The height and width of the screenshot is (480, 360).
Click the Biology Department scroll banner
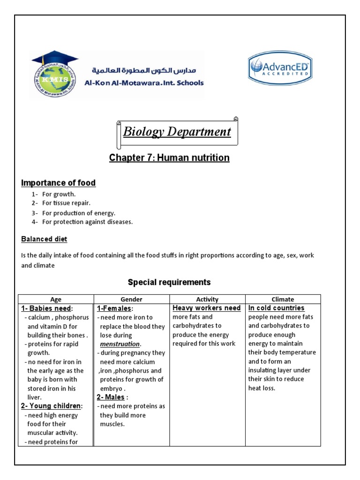[177, 132]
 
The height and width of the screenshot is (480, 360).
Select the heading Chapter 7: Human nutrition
[169, 158]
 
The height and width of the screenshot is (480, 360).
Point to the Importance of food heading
[59, 183]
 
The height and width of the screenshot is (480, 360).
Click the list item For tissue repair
[66, 203]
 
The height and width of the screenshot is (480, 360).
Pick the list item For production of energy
[78, 213]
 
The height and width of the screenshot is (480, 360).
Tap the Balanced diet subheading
[44, 239]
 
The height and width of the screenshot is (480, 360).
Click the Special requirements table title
[169, 282]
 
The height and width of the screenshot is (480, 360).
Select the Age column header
[56, 299]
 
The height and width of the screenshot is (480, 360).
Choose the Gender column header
[132, 299]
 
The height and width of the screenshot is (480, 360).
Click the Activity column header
[207, 299]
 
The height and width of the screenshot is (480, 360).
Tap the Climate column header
[283, 299]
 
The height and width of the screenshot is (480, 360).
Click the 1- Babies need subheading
[46, 308]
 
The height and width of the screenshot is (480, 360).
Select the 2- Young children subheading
[52, 406]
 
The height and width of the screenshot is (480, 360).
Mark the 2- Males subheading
[112, 397]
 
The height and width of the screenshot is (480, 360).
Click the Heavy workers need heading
[206, 308]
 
